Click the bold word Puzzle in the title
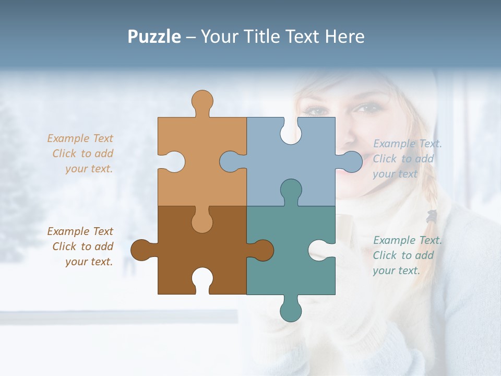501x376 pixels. click(154, 37)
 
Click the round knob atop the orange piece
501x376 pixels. click(202, 100)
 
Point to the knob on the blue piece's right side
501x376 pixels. click(351, 161)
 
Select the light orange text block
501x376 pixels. click(80, 154)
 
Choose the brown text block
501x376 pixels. click(80, 246)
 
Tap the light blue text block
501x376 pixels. click(407, 159)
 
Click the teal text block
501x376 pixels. click(407, 255)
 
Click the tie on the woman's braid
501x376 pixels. click(432, 215)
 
